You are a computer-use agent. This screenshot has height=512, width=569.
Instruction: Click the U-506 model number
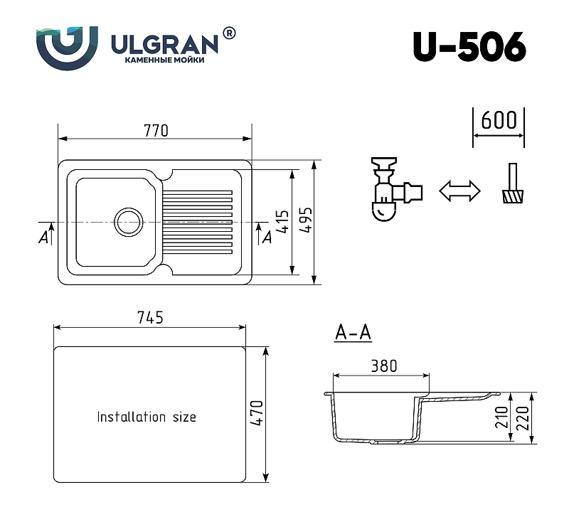click(469, 47)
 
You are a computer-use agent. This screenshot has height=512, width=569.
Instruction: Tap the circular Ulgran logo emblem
click(67, 48)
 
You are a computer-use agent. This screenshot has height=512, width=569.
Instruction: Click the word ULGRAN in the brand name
click(164, 45)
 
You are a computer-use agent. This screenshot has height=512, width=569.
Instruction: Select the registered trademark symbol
click(228, 33)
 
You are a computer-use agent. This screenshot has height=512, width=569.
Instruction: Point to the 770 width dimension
click(156, 131)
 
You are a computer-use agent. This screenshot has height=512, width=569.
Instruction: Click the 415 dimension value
click(283, 221)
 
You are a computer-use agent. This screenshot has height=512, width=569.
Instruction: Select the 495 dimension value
click(307, 220)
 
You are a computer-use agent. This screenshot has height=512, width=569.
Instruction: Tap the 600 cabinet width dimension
click(499, 120)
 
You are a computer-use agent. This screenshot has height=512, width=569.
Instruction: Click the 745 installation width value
click(150, 317)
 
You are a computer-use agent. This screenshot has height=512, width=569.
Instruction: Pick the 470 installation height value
click(256, 413)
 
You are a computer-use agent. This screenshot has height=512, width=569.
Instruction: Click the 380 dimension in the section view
click(384, 366)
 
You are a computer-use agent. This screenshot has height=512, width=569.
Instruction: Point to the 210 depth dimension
click(502, 417)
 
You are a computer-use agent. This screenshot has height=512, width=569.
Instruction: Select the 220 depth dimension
click(522, 418)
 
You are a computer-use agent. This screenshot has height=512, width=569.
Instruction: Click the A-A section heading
click(353, 332)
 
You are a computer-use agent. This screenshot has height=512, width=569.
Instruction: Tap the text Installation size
click(147, 417)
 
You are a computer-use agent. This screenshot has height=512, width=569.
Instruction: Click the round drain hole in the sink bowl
click(129, 222)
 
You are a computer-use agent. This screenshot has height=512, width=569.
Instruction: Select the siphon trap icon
click(397, 189)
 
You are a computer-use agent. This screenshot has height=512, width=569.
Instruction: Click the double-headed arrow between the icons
click(459, 191)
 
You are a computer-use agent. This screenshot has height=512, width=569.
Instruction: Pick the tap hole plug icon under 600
click(512, 183)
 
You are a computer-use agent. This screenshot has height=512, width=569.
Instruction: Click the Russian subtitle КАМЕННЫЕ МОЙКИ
click(164, 60)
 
